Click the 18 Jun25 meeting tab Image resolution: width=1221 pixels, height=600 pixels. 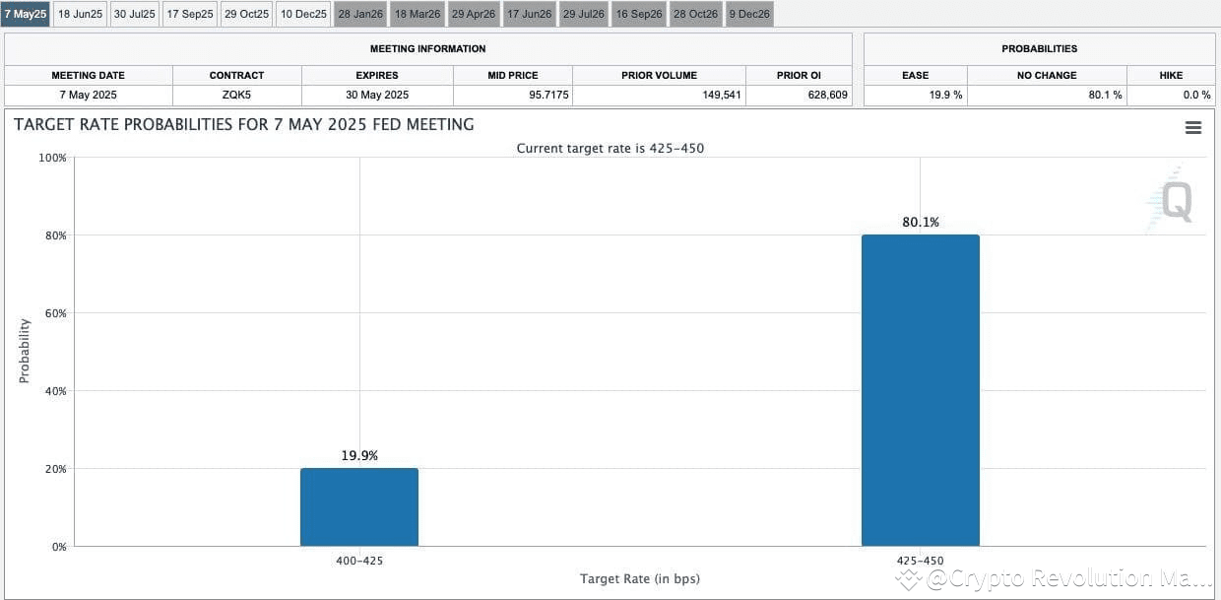pos(80,14)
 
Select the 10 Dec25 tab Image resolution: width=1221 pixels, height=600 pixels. pos(303,14)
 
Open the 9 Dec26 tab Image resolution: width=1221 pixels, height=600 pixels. pos(749,14)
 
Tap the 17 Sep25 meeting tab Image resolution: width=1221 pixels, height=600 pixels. pos(190,14)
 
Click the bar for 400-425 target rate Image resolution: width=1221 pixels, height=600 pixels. pos(359,506)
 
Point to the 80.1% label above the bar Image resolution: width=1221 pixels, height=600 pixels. pos(921,222)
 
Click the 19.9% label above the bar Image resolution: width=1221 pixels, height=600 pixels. pos(359,455)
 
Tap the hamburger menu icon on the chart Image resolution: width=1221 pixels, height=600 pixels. pos(1192,128)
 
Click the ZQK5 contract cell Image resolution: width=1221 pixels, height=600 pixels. pos(236,96)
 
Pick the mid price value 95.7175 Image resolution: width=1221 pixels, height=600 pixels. pos(512,96)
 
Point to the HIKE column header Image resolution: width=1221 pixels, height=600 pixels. pos(1171,75)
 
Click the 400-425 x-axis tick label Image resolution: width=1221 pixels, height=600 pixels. pos(359,561)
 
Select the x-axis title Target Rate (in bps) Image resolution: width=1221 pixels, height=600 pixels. pos(640,578)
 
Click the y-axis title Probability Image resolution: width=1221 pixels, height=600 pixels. pos(25,351)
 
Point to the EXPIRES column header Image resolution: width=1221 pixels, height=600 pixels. pos(377,75)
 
